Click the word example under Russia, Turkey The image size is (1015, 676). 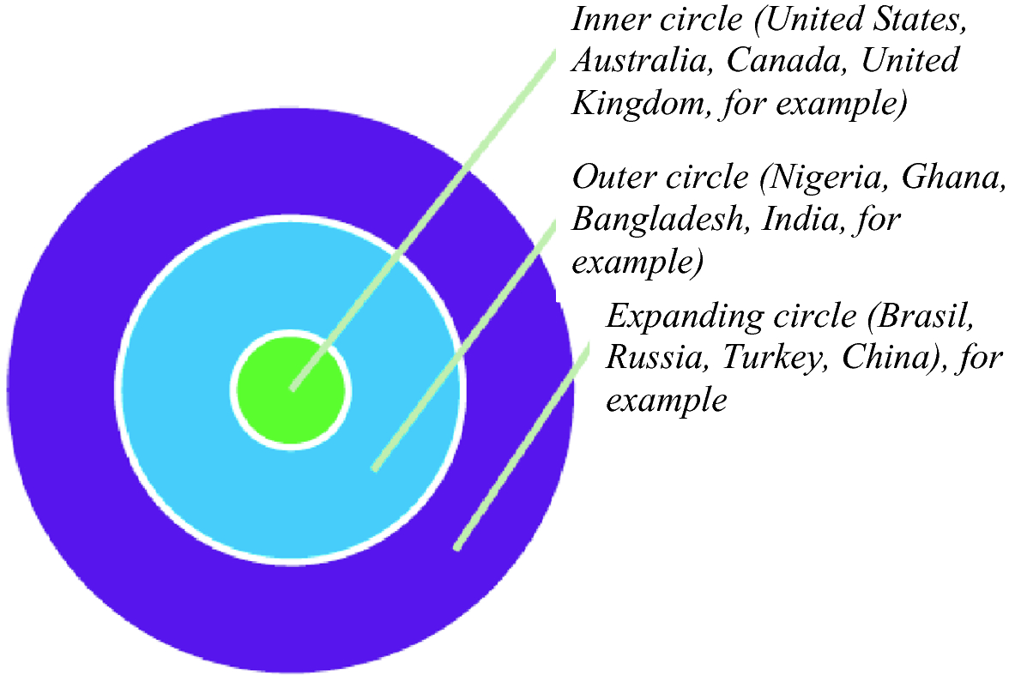(x=667, y=400)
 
